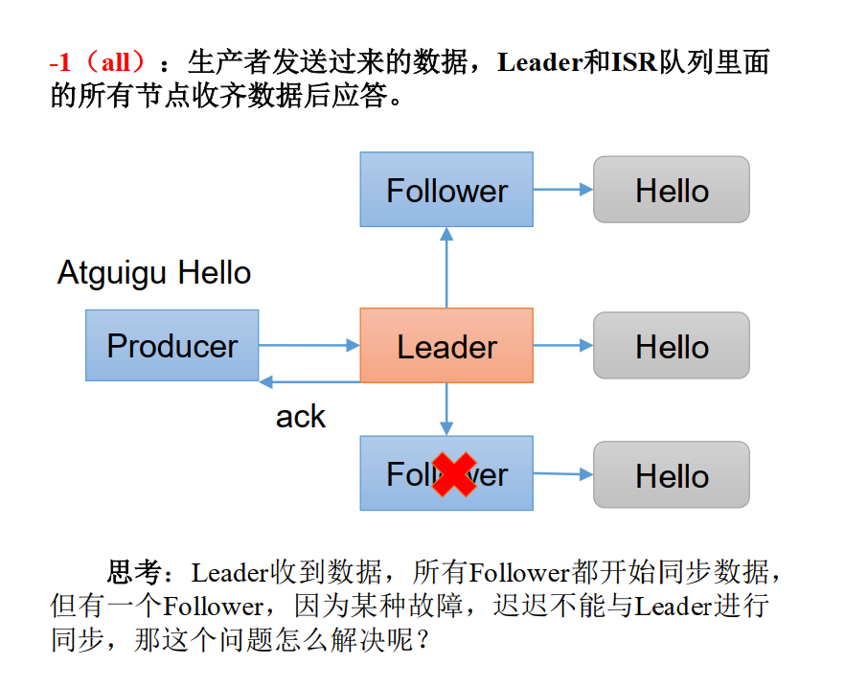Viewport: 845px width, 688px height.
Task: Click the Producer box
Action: pos(171,345)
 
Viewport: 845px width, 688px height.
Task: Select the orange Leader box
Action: pos(446,345)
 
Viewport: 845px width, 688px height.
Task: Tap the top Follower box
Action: pos(446,190)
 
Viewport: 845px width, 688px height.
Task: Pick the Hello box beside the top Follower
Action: pos(672,190)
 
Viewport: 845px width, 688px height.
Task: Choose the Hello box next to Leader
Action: pos(672,345)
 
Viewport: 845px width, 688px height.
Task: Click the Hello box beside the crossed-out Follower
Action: pos(672,474)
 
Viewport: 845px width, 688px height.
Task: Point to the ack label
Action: pos(301,417)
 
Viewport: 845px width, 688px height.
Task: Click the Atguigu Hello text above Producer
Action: pos(154,273)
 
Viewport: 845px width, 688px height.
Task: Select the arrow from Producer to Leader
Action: pos(308,345)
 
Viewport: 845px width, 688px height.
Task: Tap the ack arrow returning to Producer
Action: pos(308,381)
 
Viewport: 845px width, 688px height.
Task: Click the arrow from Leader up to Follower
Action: pos(446,267)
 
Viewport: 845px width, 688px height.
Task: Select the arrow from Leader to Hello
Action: pos(563,345)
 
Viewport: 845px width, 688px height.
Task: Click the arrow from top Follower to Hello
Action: pos(563,190)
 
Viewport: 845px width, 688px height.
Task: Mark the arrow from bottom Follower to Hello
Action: pos(563,473)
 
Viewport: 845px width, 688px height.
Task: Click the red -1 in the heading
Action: pos(60,64)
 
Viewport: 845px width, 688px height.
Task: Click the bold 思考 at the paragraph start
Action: pos(134,573)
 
